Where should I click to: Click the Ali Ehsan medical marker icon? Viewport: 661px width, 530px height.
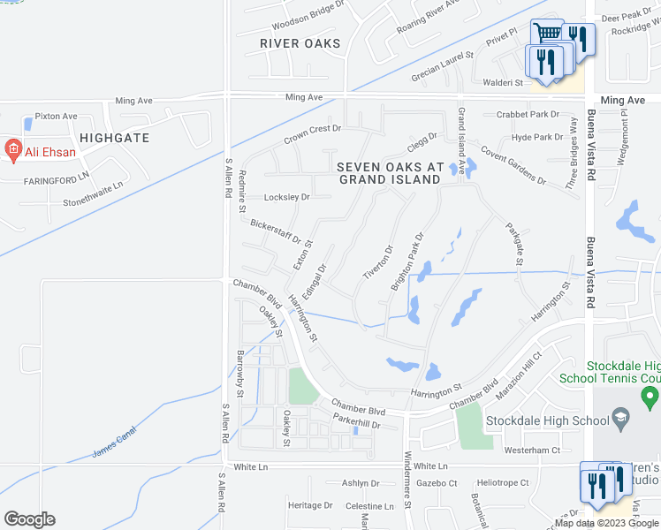pyautogui.click(x=13, y=150)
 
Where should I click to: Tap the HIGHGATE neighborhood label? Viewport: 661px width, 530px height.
pyautogui.click(x=114, y=138)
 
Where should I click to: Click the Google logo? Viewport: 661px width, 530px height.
pyautogui.click(x=29, y=519)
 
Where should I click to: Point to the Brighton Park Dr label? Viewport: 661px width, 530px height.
pyautogui.click(x=409, y=261)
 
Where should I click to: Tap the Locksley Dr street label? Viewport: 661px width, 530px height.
pyautogui.click(x=287, y=197)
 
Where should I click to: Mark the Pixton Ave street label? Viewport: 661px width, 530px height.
pyautogui.click(x=57, y=116)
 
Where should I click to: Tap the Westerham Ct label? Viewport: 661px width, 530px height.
pyautogui.click(x=532, y=450)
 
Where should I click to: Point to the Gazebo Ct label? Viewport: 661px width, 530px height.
pyautogui.click(x=438, y=483)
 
